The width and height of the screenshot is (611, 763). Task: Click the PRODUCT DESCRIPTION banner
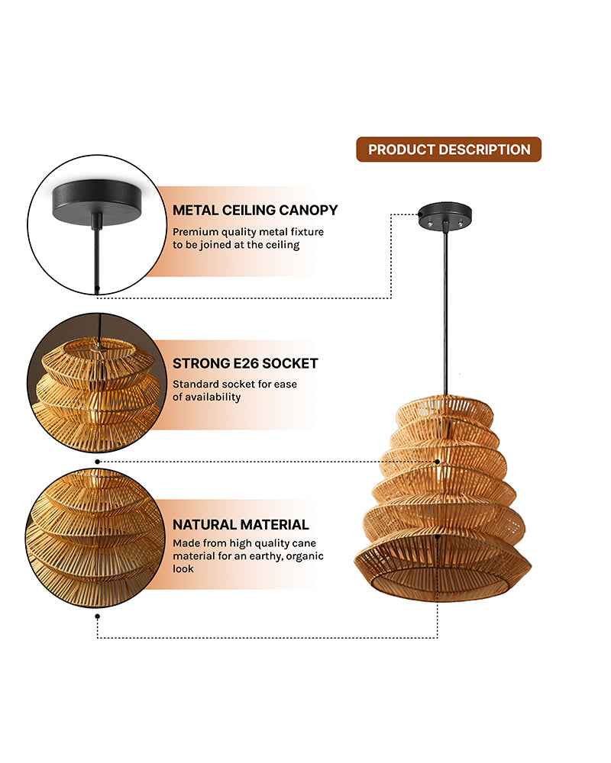pyautogui.click(x=449, y=150)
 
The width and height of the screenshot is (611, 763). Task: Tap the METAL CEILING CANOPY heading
pyautogui.click(x=255, y=210)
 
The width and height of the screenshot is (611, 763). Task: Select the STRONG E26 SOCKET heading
pyautogui.click(x=245, y=363)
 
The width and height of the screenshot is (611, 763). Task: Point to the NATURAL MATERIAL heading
pyautogui.click(x=241, y=525)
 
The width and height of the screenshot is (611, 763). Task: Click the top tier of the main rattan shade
pyautogui.click(x=444, y=410)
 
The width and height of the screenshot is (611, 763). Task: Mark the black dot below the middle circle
pyautogui.click(x=97, y=461)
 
